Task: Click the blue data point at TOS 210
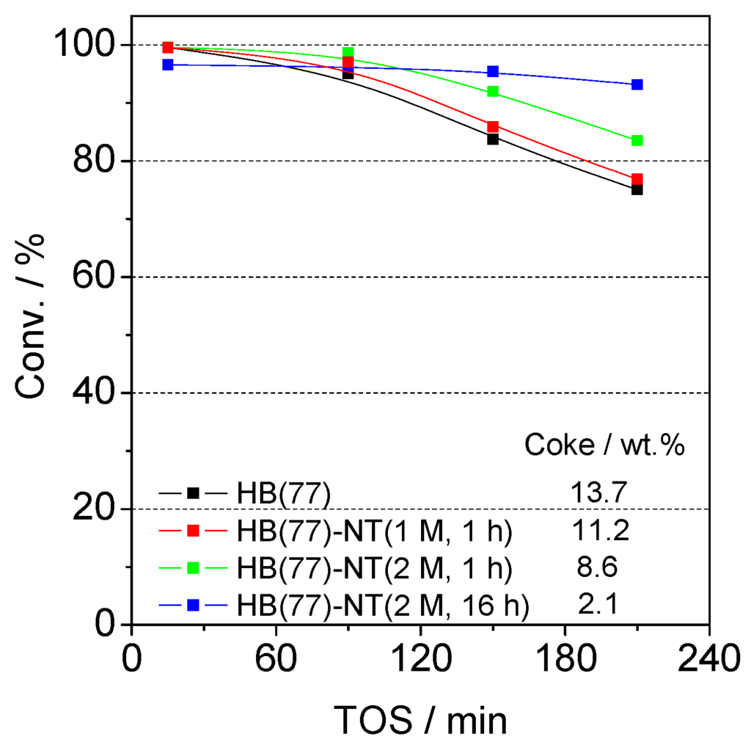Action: [637, 84]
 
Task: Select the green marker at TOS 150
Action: [493, 92]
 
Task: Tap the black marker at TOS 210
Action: [637, 190]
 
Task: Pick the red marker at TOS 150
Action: [493, 126]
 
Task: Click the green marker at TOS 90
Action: [348, 52]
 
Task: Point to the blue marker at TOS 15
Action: [167, 65]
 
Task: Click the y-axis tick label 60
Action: [93, 277]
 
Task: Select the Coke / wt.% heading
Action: [604, 444]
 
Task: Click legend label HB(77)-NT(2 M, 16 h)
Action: [382, 606]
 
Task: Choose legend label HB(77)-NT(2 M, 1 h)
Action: [374, 568]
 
